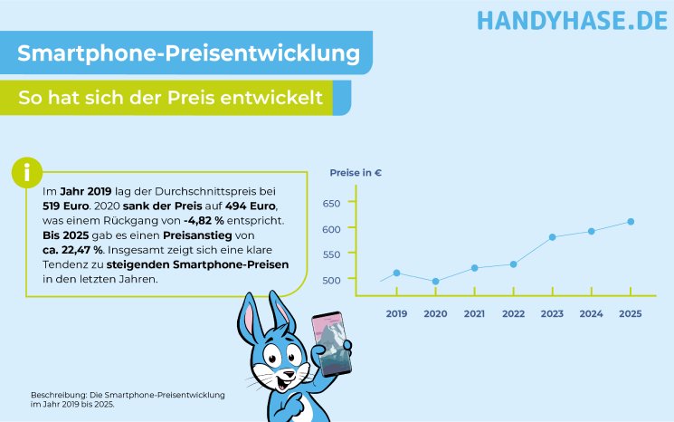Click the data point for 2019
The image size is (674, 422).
(x=396, y=273)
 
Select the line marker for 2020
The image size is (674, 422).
(x=435, y=282)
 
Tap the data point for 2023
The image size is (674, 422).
(x=552, y=237)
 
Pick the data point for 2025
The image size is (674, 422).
(x=631, y=221)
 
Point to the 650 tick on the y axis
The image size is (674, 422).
(x=330, y=204)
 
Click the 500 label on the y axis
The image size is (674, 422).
(x=330, y=279)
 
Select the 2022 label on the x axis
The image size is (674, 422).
(x=513, y=313)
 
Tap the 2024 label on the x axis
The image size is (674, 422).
(x=591, y=313)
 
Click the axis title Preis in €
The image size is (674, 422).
(x=355, y=172)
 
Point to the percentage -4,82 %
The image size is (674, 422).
(x=211, y=220)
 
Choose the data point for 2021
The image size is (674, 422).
(x=474, y=268)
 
